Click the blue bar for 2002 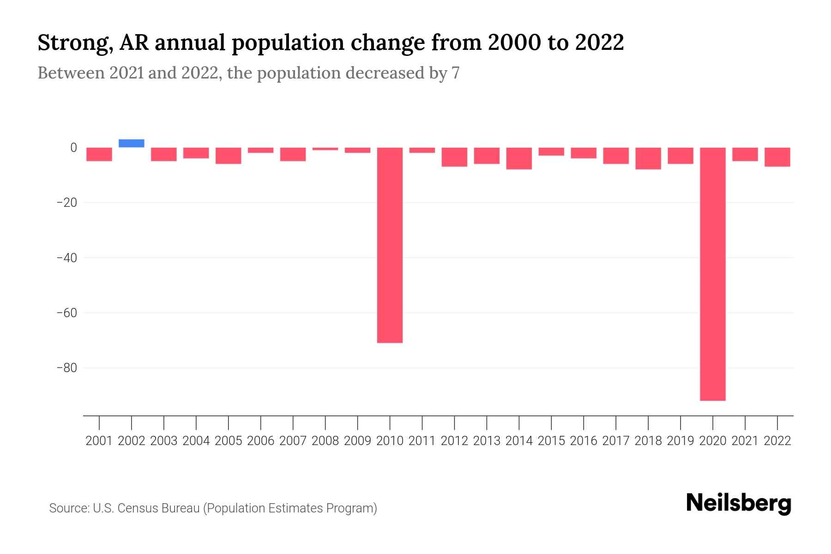[x=132, y=144]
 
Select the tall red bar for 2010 [x=390, y=245]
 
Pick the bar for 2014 [x=519, y=158]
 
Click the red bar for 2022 [x=777, y=157]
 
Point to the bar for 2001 [x=99, y=154]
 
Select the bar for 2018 [x=648, y=158]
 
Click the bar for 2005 [x=229, y=156]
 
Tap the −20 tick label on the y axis [x=66, y=203]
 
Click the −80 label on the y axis [x=66, y=368]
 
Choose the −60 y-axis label [x=66, y=313]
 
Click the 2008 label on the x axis [x=325, y=441]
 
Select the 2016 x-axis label [x=584, y=441]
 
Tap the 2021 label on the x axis [x=745, y=441]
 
